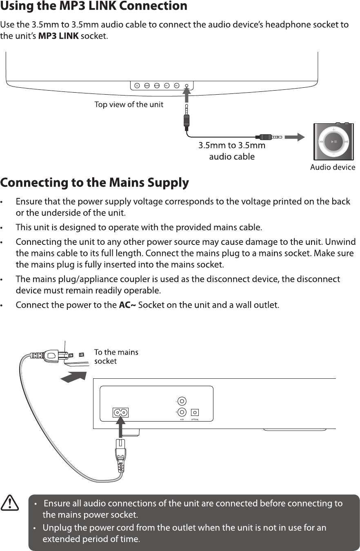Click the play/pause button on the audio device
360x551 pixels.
(x=333, y=142)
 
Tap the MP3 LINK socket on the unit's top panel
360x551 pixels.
(x=186, y=86)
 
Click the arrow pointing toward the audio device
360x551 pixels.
(x=294, y=137)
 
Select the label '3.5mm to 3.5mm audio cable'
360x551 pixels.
(x=232, y=151)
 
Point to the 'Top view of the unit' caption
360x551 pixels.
(x=129, y=104)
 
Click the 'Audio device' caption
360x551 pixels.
(x=332, y=167)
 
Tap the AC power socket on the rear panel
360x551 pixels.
(x=120, y=412)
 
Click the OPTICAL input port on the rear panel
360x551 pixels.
(x=195, y=412)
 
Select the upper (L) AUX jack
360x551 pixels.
(x=182, y=402)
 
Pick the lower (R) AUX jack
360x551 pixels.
(x=182, y=412)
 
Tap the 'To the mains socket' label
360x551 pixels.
(x=116, y=356)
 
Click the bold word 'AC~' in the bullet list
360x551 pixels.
(x=127, y=305)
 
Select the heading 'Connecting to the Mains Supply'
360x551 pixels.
(x=94, y=182)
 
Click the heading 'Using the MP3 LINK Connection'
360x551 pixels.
(x=93, y=7)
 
